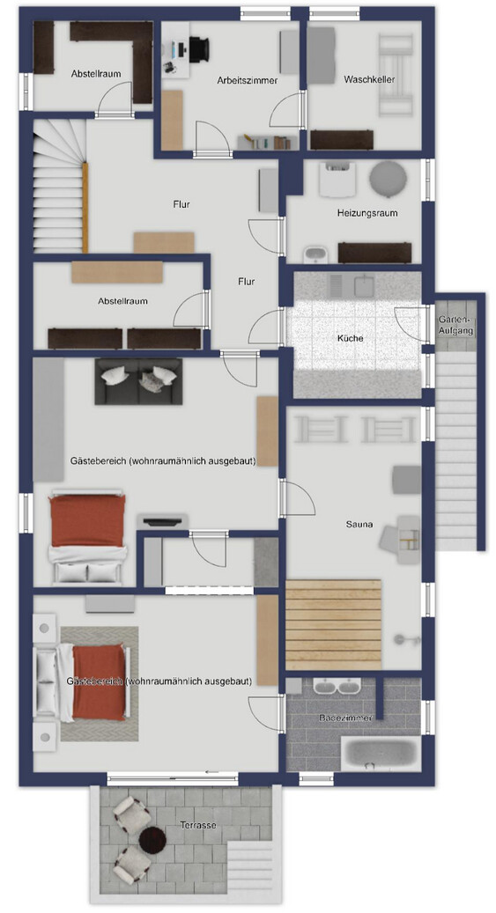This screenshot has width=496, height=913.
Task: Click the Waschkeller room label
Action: click(x=369, y=79)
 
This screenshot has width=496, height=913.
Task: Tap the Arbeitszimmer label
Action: click(x=248, y=80)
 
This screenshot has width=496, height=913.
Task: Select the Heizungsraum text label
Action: click(x=367, y=213)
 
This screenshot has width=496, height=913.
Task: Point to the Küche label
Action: click(x=351, y=338)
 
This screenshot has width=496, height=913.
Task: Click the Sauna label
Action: click(x=359, y=524)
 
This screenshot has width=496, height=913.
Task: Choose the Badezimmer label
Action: click(x=345, y=718)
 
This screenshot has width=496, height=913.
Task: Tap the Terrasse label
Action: click(x=198, y=825)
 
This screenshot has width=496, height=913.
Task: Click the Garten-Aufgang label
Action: click(x=456, y=326)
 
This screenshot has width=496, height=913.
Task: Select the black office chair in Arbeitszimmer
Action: click(x=198, y=48)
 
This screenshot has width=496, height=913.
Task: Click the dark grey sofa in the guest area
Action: click(x=138, y=381)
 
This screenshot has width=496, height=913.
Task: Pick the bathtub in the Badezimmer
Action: click(x=381, y=754)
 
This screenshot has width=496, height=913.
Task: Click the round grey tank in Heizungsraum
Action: click(x=388, y=178)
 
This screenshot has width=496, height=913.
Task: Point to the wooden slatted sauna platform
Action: click(x=333, y=625)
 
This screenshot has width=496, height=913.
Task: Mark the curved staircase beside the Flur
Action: click(x=58, y=187)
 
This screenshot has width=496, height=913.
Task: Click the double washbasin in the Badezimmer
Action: click(x=337, y=686)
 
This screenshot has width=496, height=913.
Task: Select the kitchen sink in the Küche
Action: click(x=364, y=285)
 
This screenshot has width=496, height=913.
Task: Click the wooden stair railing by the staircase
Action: click(x=85, y=208)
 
